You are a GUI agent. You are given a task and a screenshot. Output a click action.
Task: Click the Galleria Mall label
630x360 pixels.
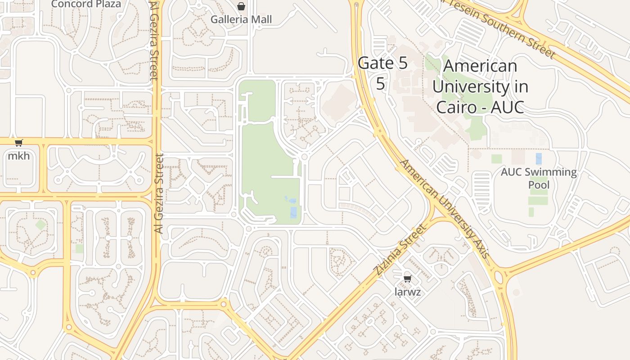pyautogui.click(x=241, y=19)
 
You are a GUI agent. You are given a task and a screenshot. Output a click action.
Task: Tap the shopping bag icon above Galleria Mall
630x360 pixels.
pyautogui.click(x=241, y=6)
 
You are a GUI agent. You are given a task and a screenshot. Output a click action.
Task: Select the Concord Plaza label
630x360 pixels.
pyautogui.click(x=86, y=4)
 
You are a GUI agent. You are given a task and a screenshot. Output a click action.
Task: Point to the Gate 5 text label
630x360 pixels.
pyautogui.click(x=382, y=63)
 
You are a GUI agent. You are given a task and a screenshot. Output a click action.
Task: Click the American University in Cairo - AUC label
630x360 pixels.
pyautogui.click(x=480, y=86)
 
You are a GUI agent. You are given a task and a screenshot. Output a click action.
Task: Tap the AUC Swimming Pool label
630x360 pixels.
pyautogui.click(x=539, y=178)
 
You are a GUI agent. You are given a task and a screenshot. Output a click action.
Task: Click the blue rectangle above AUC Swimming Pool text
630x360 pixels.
pyautogui.click(x=539, y=158)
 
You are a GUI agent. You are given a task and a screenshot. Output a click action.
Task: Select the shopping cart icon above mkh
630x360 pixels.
pyautogui.click(x=18, y=143)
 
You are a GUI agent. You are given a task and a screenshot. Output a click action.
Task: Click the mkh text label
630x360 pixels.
pyautogui.click(x=19, y=156)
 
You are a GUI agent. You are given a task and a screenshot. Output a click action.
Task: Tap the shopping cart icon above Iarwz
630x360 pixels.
pyautogui.click(x=408, y=279)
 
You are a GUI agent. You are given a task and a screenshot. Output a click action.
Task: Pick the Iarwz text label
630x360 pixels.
pyautogui.click(x=408, y=292)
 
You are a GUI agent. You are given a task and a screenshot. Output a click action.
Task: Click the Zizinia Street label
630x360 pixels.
pyautogui.click(x=399, y=250)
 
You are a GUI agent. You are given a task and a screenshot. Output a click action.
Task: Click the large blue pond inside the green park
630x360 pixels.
pyautogui.click(x=293, y=212)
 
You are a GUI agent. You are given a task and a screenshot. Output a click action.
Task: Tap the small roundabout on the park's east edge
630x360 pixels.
pyautogui.click(x=305, y=157)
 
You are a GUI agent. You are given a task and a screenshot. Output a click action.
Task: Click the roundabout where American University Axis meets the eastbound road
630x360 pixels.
pyautogui.click(x=499, y=275)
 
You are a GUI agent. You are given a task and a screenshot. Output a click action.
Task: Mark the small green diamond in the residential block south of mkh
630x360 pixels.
pyautogui.click(x=41, y=225)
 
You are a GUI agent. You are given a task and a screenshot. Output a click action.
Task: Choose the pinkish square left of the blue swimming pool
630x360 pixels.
pyautogui.click(x=518, y=157)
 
